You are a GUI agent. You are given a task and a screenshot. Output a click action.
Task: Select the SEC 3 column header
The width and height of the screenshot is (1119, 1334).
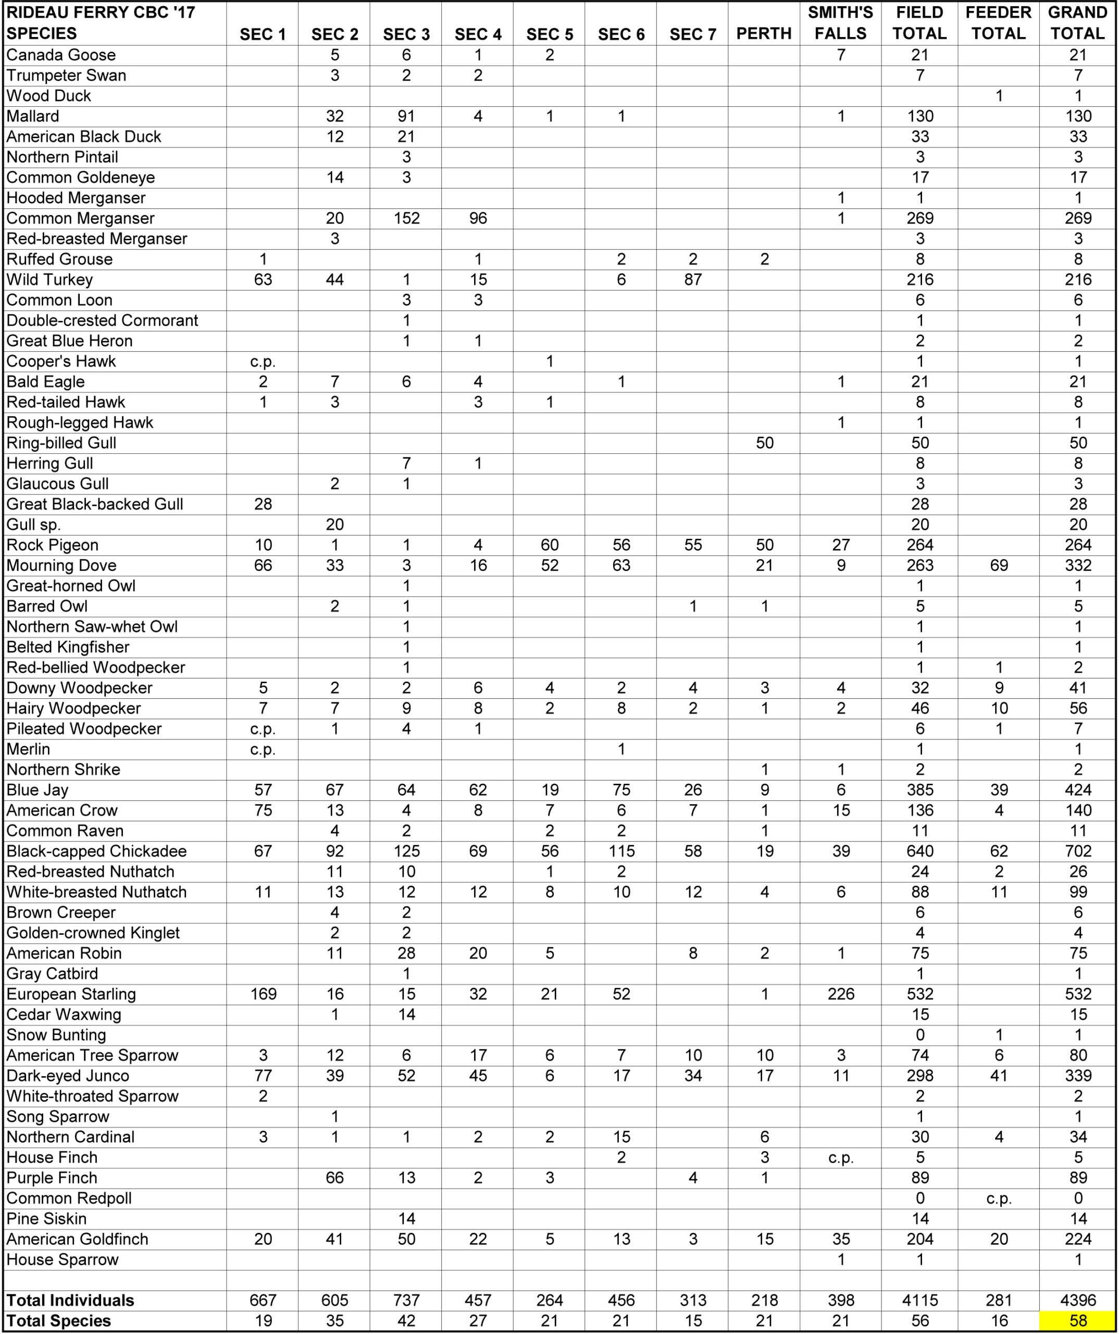tap(406, 34)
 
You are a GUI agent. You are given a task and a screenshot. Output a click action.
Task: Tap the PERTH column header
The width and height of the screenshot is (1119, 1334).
tap(764, 34)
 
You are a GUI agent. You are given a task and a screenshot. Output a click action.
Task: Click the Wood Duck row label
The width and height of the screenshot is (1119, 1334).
tap(49, 96)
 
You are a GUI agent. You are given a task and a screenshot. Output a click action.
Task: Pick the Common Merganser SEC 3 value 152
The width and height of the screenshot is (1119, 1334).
tap(406, 218)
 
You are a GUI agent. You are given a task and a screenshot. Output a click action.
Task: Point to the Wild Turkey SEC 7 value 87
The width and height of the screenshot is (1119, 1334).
tap(693, 279)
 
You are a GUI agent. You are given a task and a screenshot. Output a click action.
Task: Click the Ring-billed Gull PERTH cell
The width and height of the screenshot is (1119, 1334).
tap(765, 443)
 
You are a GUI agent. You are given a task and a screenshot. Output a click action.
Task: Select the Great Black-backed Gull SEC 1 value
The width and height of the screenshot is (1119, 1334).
tap(263, 504)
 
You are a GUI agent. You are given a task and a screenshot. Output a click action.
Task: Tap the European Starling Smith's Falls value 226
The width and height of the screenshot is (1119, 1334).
tap(841, 994)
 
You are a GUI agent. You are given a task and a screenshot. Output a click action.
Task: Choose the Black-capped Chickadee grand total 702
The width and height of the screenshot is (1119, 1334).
tap(1078, 851)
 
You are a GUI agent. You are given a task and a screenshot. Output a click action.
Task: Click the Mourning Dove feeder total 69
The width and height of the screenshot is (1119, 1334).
tap(999, 565)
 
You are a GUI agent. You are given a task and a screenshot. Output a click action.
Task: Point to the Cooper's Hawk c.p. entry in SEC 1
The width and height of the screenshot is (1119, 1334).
tap(263, 362)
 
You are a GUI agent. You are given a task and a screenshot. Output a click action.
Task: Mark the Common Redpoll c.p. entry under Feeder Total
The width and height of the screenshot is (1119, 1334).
tap(999, 1199)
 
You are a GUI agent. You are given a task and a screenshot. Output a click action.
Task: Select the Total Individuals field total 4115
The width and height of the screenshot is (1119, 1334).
tap(919, 1300)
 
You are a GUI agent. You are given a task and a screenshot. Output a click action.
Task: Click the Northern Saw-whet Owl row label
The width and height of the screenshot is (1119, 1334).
tap(92, 627)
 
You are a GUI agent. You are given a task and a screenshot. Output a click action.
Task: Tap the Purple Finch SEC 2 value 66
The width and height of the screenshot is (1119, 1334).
tap(334, 1178)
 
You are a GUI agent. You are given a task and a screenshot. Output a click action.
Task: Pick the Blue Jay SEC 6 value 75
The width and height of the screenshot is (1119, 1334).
tap(621, 790)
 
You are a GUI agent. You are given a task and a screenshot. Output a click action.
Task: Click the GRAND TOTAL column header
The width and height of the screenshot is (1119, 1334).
tap(1078, 23)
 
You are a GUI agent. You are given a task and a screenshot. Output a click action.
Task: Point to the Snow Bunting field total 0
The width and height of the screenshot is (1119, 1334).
tap(919, 1035)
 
